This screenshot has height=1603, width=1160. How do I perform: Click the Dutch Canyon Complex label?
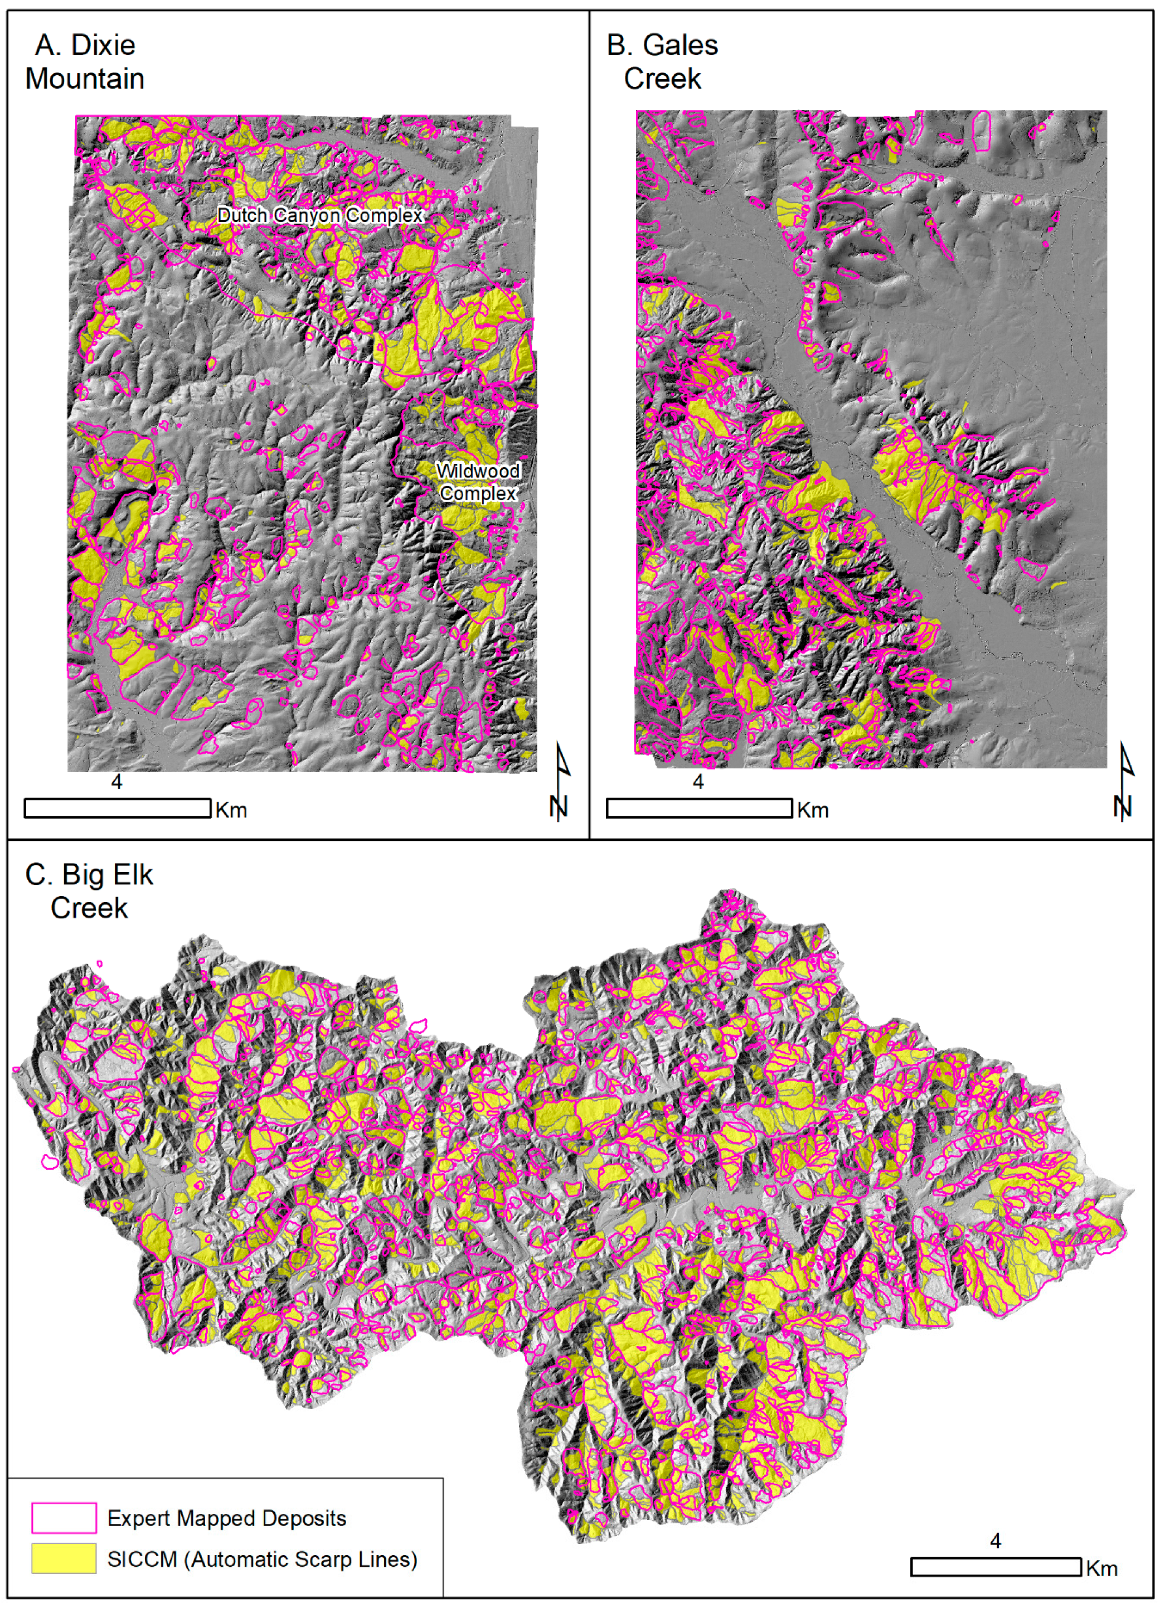click(x=319, y=215)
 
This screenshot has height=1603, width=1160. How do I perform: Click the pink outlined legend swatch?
click(x=64, y=1518)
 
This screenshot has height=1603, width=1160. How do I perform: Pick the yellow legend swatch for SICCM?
click(x=64, y=1558)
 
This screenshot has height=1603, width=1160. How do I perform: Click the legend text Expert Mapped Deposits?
click(x=226, y=1518)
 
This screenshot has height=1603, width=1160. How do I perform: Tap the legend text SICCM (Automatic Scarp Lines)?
click(x=262, y=1559)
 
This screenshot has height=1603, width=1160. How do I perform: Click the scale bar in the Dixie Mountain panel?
click(x=117, y=808)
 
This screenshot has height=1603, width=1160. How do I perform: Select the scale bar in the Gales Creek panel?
click(x=698, y=808)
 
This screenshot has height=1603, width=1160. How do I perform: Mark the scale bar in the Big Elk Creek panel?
click(x=996, y=1567)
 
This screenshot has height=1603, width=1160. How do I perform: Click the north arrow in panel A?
click(x=560, y=781)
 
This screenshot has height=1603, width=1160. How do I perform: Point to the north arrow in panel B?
click(x=1124, y=781)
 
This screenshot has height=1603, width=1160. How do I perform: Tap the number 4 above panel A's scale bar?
click(x=117, y=782)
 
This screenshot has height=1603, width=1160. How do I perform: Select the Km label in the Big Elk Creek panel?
click(x=1101, y=1569)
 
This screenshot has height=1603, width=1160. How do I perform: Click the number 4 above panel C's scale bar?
click(x=996, y=1541)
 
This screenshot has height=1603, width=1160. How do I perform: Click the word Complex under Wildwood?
click(x=478, y=493)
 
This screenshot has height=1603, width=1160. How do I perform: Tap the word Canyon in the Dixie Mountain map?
click(x=301, y=215)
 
